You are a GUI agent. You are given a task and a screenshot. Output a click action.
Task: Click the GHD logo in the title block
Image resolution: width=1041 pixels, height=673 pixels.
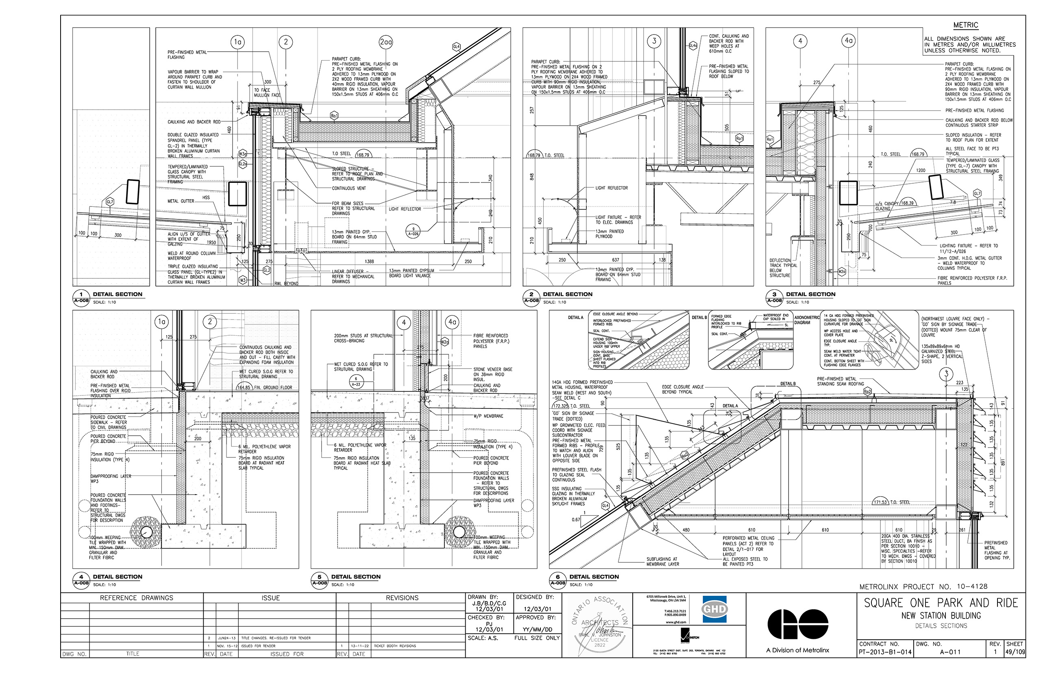714,609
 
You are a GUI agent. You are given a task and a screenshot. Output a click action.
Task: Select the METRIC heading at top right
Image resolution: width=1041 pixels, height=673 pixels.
965,25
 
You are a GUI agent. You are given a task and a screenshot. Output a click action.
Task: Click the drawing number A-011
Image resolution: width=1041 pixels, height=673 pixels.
950,652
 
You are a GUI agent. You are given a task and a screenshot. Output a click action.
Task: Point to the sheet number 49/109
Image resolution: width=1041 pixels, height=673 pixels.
1014,652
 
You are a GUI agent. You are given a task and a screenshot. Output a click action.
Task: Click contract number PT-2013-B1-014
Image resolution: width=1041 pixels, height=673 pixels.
884,652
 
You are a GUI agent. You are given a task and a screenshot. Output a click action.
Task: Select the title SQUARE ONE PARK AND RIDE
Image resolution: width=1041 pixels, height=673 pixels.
941,603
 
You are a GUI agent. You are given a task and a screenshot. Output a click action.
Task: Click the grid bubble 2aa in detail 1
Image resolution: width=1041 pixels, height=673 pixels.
385,42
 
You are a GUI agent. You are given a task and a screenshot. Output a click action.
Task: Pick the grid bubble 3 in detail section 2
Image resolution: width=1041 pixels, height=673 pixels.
653,41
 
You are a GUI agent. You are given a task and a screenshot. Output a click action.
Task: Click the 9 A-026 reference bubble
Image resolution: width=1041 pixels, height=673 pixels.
413,231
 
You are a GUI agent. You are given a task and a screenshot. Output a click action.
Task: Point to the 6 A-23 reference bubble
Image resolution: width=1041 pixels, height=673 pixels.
356,382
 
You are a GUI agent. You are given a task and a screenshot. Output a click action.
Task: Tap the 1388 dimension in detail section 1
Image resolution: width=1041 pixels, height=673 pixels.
370,261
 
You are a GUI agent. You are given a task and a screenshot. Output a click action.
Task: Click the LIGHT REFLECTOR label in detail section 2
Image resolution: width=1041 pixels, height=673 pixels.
611,188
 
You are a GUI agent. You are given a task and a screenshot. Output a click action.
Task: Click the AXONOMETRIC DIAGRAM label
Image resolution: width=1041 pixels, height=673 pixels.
806,320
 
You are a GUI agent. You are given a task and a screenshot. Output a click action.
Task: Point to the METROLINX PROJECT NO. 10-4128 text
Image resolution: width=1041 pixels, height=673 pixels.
923,586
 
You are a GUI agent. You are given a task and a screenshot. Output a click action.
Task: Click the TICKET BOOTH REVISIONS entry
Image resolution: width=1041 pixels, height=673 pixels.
395,646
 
